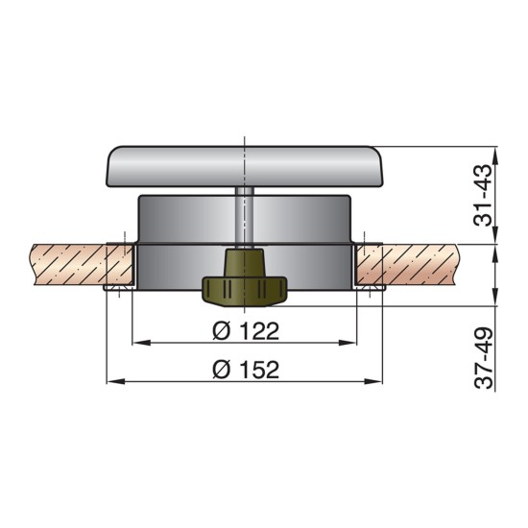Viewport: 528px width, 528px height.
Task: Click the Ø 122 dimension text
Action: (244, 331)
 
